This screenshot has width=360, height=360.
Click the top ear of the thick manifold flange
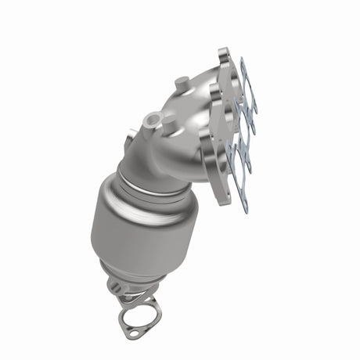(225, 56)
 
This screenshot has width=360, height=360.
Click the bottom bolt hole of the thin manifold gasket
(244, 205)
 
